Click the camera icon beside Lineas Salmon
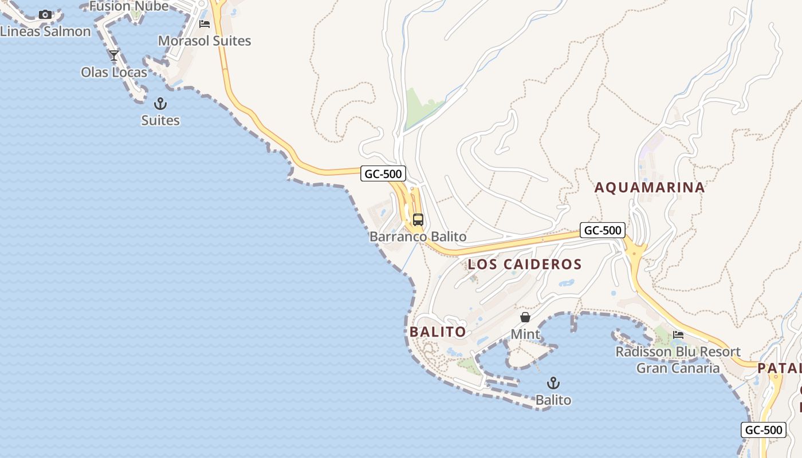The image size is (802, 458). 45,15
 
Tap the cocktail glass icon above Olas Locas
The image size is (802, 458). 114,56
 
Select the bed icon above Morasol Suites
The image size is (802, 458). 205,24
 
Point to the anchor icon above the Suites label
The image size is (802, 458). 160,104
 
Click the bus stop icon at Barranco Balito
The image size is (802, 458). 418,219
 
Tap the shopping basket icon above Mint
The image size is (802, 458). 525,317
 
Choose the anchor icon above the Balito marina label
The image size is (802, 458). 553,383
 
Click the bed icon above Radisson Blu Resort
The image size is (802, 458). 678,334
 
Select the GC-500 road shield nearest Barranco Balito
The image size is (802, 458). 383,173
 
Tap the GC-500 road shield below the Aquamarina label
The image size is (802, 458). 602,230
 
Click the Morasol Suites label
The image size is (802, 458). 205,41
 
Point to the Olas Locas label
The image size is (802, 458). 114,73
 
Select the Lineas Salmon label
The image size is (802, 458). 45,31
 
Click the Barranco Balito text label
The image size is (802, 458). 418,236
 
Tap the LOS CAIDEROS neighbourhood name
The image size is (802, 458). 525,264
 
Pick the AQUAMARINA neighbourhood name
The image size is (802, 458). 650,187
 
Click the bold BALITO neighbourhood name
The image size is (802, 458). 438,332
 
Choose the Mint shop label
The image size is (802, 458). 525,334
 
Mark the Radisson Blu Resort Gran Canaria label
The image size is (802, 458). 678,360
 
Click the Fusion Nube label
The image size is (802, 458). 129,6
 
